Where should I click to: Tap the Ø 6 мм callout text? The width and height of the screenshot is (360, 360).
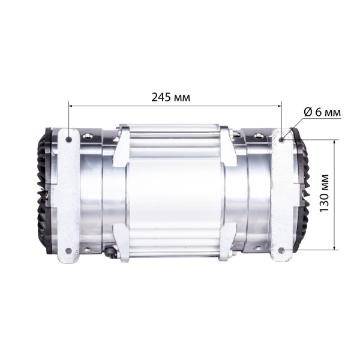[x=321, y=112]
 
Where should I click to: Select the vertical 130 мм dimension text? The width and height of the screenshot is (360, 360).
[x=325, y=194]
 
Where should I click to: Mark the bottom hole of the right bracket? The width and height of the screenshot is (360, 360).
[x=282, y=250]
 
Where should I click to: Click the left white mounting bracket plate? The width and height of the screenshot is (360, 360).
[x=68, y=195]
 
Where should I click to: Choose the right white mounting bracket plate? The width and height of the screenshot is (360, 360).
[x=282, y=195]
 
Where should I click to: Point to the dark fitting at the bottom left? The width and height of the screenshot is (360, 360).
[x=110, y=251]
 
